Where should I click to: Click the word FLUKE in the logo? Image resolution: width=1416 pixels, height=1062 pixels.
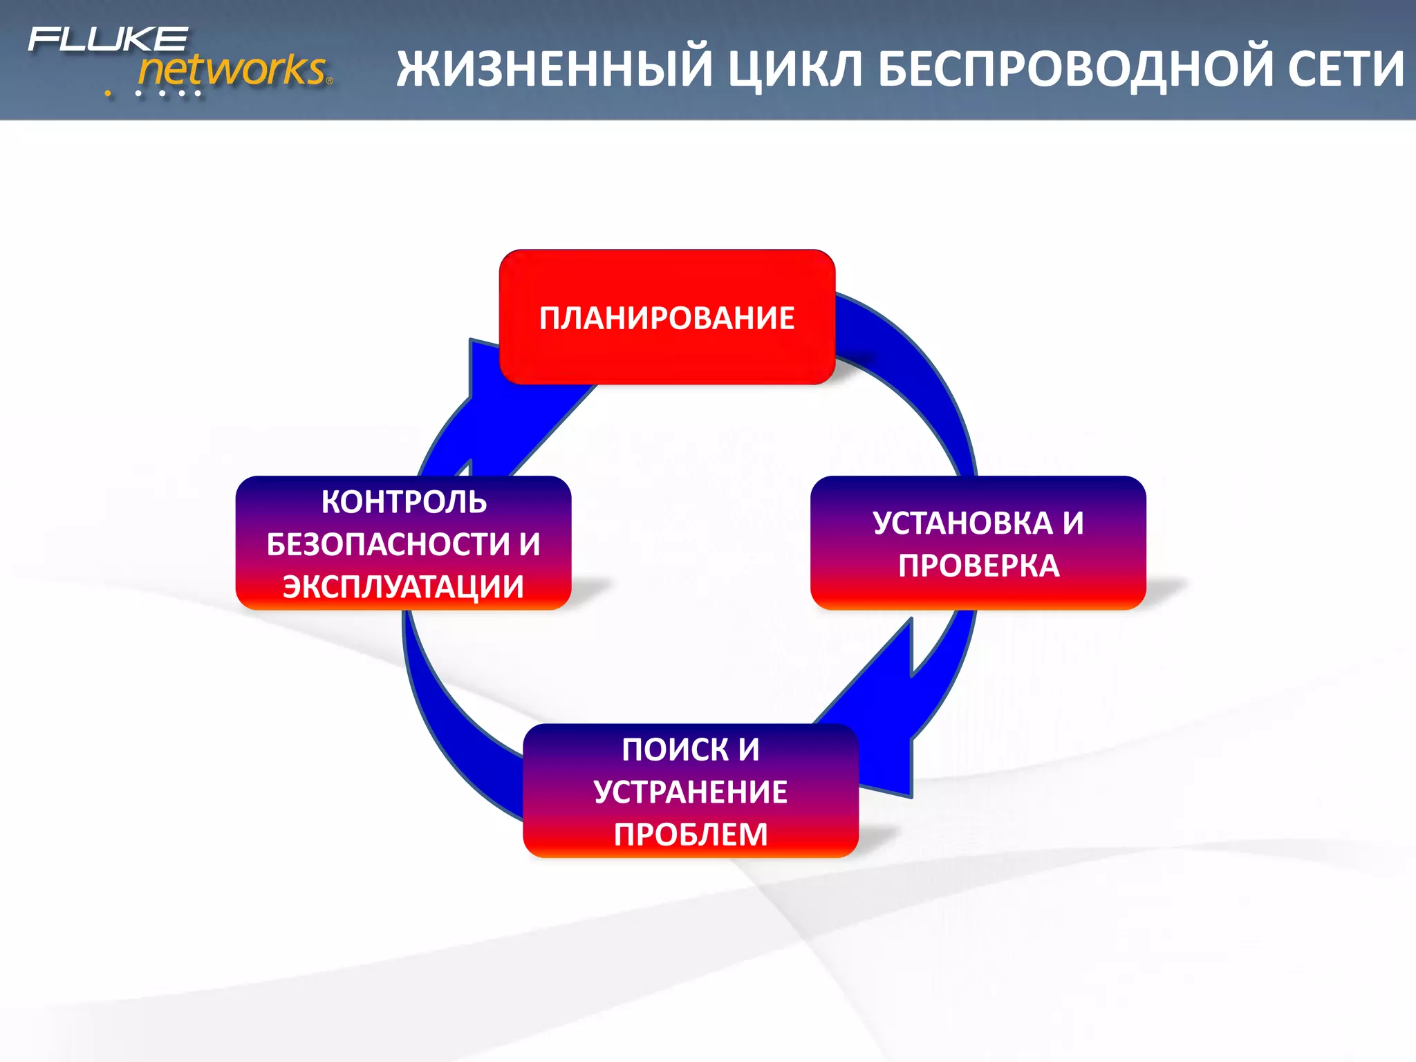(x=108, y=39)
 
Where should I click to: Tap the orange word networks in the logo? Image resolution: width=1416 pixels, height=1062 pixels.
(x=232, y=70)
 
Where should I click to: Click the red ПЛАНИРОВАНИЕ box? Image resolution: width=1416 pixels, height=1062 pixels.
(x=667, y=318)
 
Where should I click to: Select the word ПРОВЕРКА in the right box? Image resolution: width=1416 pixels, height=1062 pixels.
(x=978, y=566)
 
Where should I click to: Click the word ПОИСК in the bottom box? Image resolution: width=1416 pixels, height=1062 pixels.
(x=674, y=749)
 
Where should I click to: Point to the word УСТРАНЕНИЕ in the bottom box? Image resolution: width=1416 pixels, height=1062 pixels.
(x=690, y=792)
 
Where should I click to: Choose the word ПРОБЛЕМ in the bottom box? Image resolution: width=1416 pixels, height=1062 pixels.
(x=690, y=835)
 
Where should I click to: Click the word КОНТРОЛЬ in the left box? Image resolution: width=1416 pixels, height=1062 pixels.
(x=404, y=502)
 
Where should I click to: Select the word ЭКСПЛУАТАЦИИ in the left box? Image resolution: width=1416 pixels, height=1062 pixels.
(x=403, y=586)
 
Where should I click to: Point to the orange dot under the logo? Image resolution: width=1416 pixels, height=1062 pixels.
(x=108, y=93)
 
